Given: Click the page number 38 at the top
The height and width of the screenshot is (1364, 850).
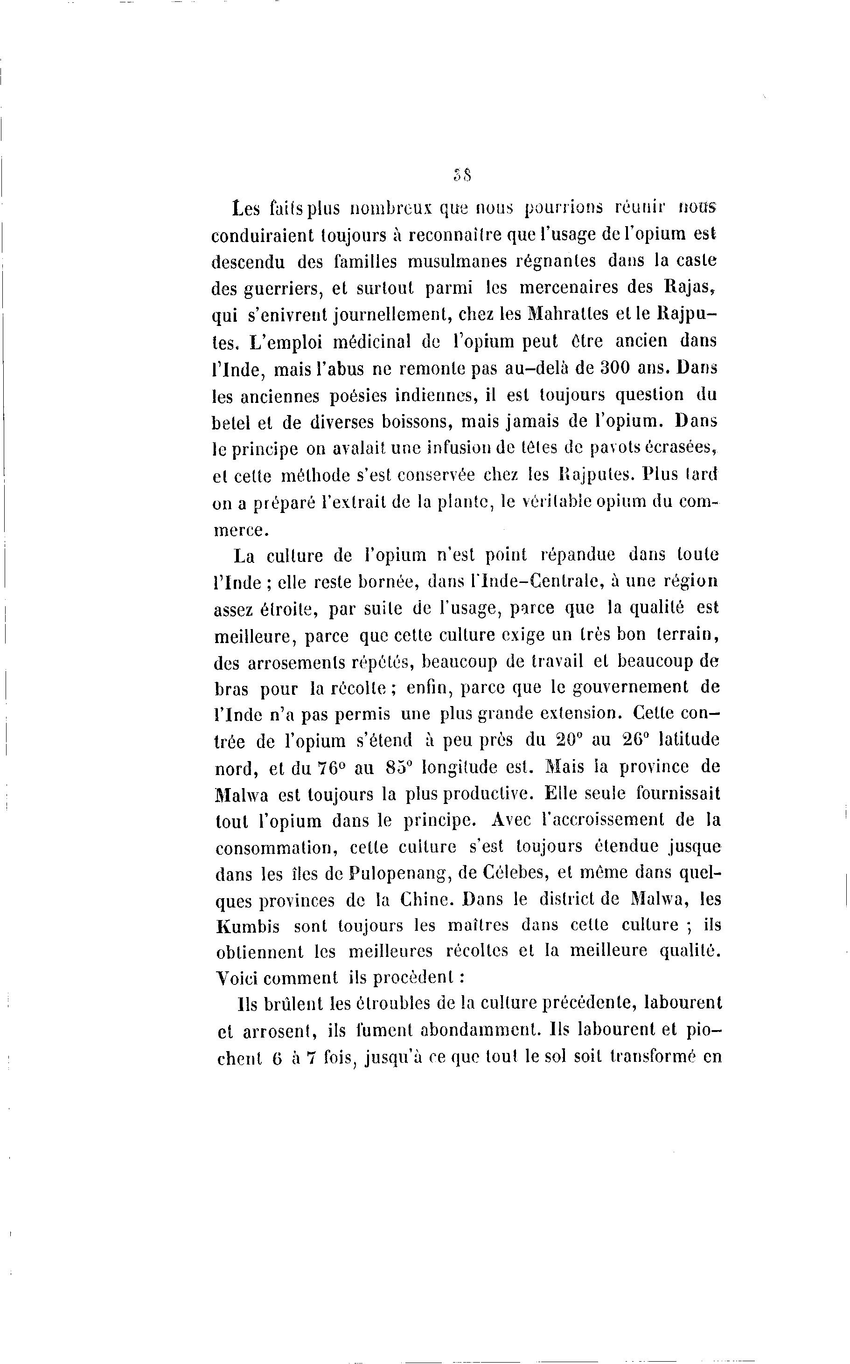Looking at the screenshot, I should click(x=461, y=175).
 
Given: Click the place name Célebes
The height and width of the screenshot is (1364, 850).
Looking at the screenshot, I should click(x=507, y=874).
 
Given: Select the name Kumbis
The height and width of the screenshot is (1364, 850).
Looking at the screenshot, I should click(x=247, y=927).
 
